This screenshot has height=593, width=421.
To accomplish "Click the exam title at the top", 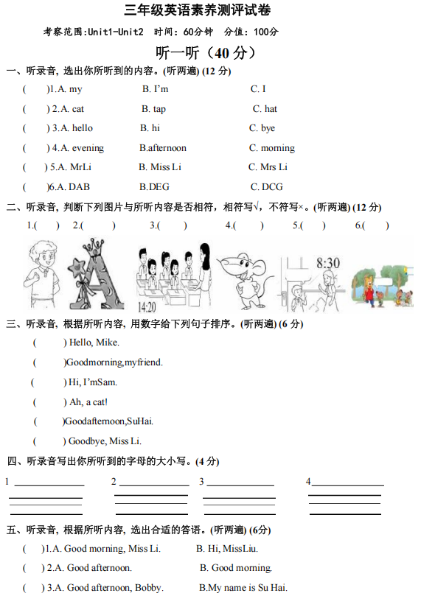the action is pos(209,11).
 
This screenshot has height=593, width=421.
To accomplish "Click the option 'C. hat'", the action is pos(265,109).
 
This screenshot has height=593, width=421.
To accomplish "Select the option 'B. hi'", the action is pos(150,128).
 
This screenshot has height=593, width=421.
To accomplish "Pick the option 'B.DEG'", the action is pos(154,187).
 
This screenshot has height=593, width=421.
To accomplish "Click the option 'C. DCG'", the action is pos(266,187).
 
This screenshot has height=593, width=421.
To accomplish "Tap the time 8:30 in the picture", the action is pos(327,262).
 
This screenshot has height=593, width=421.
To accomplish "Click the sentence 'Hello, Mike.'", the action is pos(94,343).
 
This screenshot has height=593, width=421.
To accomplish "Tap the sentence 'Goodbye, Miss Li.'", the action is pos(105,441).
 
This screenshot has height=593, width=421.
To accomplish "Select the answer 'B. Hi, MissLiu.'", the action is pos(227,548).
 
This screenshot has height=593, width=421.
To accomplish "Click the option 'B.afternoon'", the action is pos(163,148).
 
